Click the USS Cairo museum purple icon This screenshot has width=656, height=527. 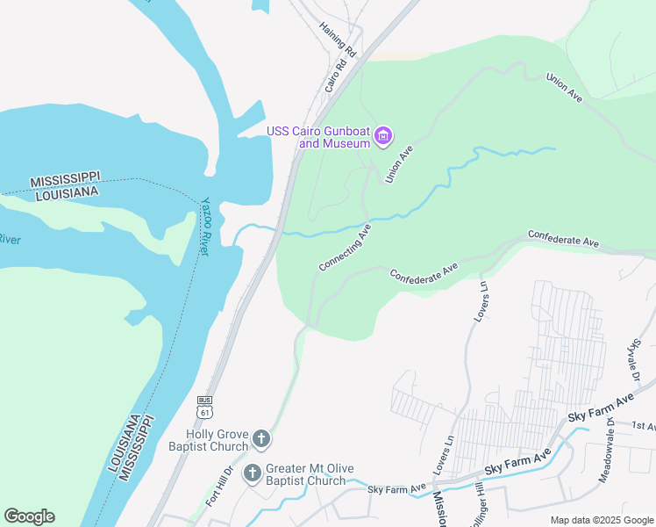[x=383, y=136]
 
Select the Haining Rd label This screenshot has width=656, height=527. [x=339, y=40]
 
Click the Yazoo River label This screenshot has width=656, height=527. [x=206, y=226]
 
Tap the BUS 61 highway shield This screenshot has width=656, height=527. [x=205, y=405]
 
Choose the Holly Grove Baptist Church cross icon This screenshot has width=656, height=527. [x=260, y=438]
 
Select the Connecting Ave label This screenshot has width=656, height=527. [x=345, y=247]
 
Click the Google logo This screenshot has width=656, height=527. [x=29, y=516]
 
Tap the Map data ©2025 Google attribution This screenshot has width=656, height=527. [x=602, y=520]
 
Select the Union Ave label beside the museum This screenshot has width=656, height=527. [x=399, y=164]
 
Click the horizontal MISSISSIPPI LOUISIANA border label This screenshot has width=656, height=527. [x=66, y=187]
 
